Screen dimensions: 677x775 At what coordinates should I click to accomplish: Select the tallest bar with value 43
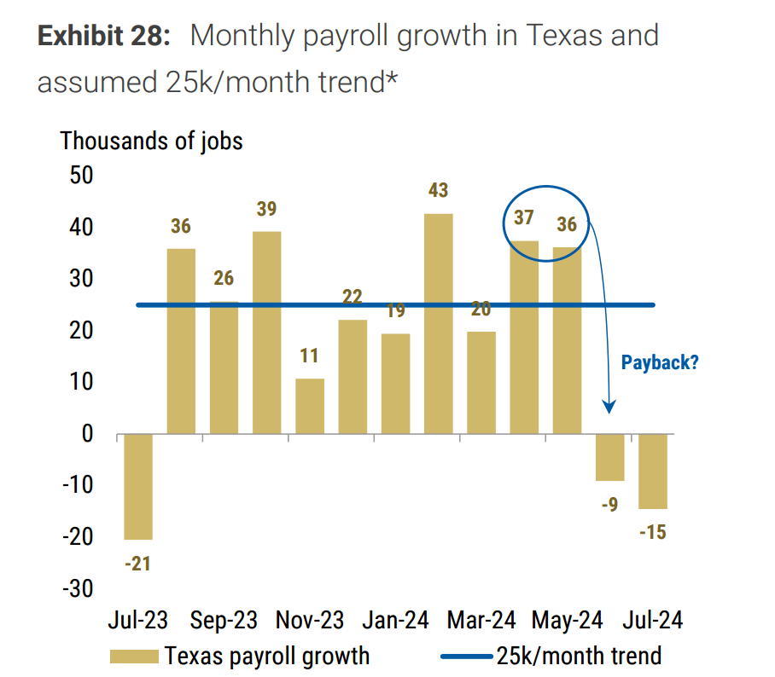click(439, 324)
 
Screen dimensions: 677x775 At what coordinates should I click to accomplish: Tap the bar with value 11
click(310, 406)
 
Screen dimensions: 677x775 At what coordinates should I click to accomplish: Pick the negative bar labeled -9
click(610, 457)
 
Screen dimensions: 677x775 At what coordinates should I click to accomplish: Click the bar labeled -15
click(653, 471)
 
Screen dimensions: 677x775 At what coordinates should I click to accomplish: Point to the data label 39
click(266, 210)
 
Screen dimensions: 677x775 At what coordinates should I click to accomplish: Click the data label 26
click(224, 278)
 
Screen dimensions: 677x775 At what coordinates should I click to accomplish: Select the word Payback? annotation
click(660, 362)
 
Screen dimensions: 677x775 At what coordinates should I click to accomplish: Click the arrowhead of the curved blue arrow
click(609, 408)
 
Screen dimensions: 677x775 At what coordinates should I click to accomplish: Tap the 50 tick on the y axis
click(77, 175)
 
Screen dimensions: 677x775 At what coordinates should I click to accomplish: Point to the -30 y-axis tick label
click(73, 589)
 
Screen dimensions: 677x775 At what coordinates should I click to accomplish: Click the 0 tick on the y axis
click(86, 434)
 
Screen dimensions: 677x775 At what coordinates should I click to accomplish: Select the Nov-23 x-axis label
click(310, 620)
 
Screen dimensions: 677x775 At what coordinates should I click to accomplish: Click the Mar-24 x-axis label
click(478, 620)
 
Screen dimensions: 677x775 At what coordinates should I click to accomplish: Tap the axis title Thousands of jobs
click(151, 141)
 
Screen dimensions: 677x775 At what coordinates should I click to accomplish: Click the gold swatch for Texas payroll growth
click(134, 657)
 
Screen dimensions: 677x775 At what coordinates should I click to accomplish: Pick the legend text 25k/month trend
click(578, 656)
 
